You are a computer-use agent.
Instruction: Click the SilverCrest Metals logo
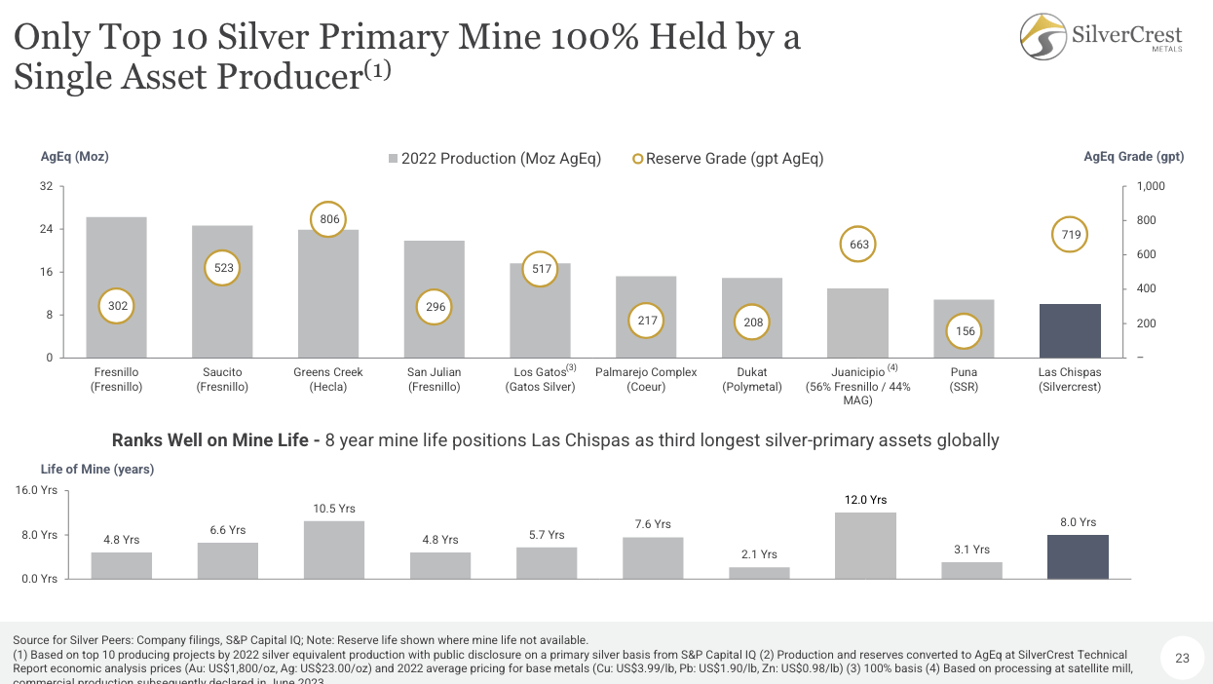(x=1101, y=37)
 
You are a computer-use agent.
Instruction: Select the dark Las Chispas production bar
(x=1069, y=330)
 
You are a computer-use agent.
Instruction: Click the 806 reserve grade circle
(x=329, y=219)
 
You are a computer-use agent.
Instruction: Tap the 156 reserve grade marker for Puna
(x=964, y=331)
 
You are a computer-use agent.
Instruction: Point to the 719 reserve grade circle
(x=1070, y=235)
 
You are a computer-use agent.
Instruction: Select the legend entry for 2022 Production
(x=494, y=158)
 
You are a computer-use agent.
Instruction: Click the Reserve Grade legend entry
(x=728, y=158)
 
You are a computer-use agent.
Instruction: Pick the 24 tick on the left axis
(x=46, y=229)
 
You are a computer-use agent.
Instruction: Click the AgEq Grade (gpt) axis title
(x=1133, y=157)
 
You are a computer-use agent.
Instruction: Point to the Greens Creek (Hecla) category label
(x=328, y=379)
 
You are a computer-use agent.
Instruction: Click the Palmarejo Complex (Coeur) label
(x=646, y=379)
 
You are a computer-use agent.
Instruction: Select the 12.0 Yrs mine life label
(x=865, y=500)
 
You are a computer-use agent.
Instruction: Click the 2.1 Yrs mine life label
(x=759, y=554)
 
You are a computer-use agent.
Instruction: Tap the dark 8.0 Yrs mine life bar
(x=1078, y=556)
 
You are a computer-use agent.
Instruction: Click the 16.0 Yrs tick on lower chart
(x=36, y=491)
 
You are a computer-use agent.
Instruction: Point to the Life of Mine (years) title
(x=97, y=469)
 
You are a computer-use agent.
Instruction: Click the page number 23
(x=1182, y=659)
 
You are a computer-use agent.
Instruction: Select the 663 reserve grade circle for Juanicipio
(x=858, y=245)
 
